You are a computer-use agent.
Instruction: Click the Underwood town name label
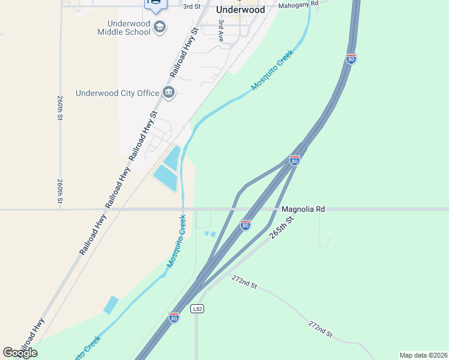[240, 10]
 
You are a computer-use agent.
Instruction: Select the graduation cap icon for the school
[160, 26]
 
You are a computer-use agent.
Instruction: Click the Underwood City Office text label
[118, 93]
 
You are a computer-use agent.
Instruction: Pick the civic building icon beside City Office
[168, 93]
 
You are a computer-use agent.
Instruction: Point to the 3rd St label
[191, 6]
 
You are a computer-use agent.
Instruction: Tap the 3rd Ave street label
[221, 30]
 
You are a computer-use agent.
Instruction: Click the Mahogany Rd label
[298, 4]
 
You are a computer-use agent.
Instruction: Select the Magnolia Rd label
[303, 209]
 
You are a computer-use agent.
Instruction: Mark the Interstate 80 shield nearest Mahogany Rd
[351, 59]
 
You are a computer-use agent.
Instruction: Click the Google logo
[20, 353]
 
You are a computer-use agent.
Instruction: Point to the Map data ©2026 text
[423, 355]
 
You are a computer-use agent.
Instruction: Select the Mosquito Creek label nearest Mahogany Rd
[273, 70]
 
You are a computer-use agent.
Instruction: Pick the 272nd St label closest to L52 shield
[244, 281]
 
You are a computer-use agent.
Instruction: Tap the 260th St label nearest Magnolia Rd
[61, 191]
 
